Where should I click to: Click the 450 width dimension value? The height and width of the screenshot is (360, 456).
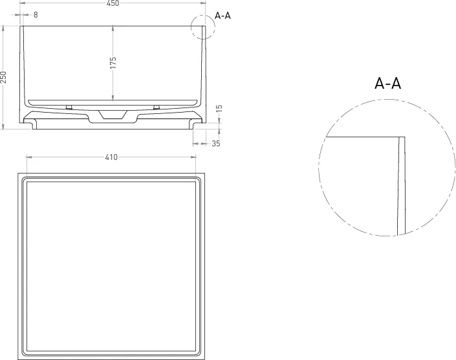click(113, 3)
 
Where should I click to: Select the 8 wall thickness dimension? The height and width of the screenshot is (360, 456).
click(36, 14)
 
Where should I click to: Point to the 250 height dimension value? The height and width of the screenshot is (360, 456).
click(3, 77)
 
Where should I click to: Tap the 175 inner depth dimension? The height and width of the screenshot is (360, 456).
click(113, 63)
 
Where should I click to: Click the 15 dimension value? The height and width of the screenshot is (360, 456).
click(219, 108)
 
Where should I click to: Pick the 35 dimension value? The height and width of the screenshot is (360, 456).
click(216, 144)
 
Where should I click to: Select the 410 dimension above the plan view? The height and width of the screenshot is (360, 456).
click(111, 157)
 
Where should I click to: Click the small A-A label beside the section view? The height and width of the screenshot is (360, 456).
click(223, 16)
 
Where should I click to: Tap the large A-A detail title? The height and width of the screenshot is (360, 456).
click(387, 84)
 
